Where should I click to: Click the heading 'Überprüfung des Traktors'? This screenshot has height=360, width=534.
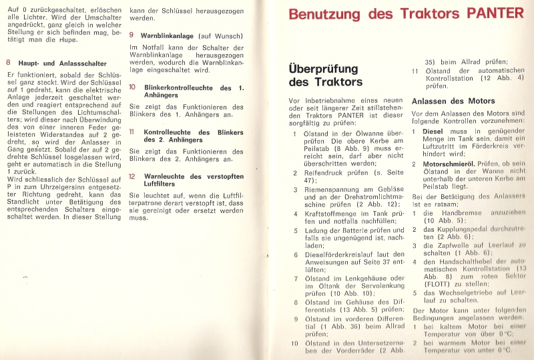pyautogui.click(x=326, y=75)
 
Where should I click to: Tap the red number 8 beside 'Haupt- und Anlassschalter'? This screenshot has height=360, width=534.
pyautogui.click(x=7, y=62)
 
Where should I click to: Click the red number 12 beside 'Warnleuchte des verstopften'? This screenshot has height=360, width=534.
pyautogui.click(x=132, y=176)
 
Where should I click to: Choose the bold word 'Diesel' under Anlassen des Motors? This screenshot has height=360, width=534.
pyautogui.click(x=435, y=132)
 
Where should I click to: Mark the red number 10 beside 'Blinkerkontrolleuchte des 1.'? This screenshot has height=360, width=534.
pyautogui.click(x=132, y=87)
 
